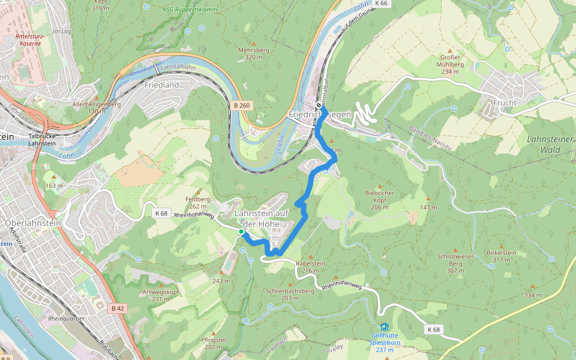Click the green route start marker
click(x=241, y=232)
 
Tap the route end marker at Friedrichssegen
click(x=319, y=105)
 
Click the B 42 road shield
click(x=118, y=308)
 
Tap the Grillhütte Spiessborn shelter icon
click(x=384, y=326)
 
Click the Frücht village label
click(x=505, y=103)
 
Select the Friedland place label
click(x=162, y=85)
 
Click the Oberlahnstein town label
click(x=33, y=223)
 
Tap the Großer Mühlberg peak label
click(x=450, y=64)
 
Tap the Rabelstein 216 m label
click(x=310, y=266)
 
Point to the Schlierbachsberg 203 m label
click(x=290, y=294)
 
